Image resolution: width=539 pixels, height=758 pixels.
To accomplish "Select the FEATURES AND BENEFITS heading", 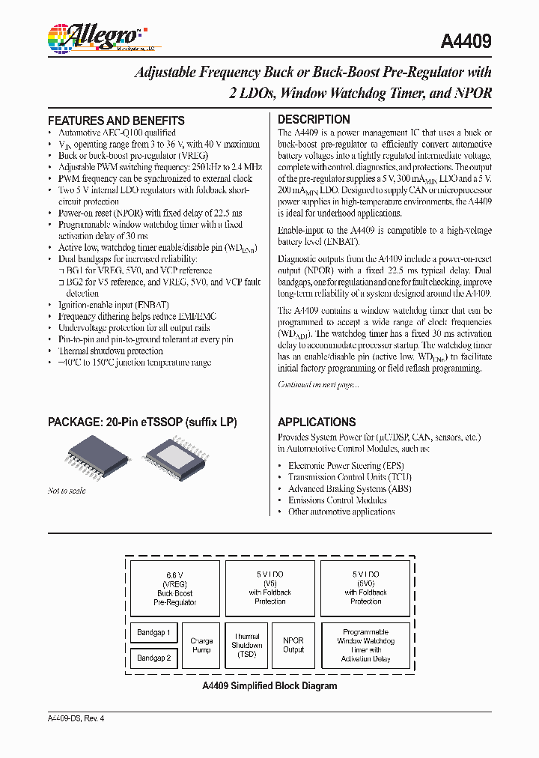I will (x=116, y=121).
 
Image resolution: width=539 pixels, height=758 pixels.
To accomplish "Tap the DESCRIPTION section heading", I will (x=314, y=119).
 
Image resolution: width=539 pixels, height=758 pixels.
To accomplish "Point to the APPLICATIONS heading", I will (x=317, y=422).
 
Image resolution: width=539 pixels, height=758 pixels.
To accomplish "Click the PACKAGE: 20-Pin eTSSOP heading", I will (x=142, y=422).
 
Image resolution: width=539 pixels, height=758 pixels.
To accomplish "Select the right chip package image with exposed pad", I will (x=174, y=458).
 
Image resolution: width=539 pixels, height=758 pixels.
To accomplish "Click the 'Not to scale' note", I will (x=67, y=491).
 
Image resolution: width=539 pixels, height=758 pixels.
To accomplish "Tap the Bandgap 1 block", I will (x=153, y=633).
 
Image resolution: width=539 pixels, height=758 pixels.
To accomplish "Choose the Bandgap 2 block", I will (x=153, y=658).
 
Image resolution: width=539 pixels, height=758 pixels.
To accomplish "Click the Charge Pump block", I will (x=201, y=646).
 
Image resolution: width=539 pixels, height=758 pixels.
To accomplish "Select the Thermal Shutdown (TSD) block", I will (x=247, y=646).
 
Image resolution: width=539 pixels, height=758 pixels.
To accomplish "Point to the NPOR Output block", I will (x=293, y=646).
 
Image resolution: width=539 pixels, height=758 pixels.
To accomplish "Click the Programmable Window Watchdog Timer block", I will (x=365, y=646).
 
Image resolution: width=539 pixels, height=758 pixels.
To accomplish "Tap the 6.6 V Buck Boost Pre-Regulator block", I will (x=174, y=587).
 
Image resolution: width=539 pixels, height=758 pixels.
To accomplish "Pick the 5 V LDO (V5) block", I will (x=269, y=587).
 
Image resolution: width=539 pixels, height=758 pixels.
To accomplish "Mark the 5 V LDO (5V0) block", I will (x=365, y=587).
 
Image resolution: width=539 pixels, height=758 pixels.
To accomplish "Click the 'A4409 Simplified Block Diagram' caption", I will (x=269, y=686).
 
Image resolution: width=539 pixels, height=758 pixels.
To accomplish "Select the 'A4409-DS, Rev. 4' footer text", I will (x=76, y=718).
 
